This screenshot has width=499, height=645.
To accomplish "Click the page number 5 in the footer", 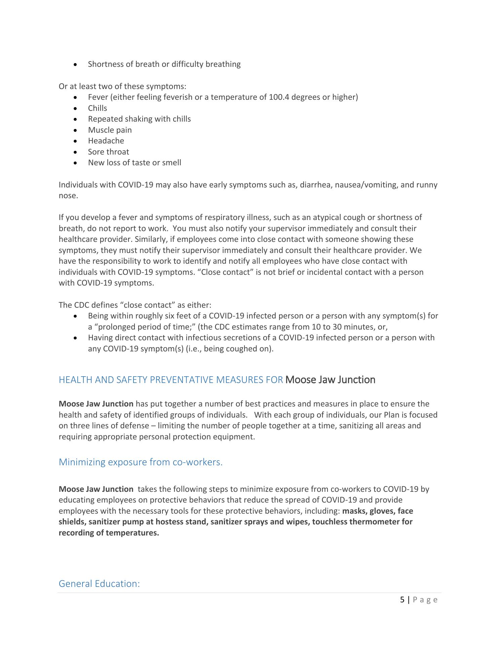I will [402, 600].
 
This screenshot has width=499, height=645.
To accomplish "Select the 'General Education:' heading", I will [99, 584].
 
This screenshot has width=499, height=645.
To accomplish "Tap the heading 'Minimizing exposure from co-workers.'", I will [141, 462].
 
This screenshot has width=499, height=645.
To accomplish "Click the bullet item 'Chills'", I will [98, 108].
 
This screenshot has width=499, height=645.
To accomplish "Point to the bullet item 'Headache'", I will [106, 141].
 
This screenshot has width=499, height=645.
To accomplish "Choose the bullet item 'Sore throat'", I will [108, 152].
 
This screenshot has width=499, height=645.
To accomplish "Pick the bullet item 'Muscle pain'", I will [110, 130].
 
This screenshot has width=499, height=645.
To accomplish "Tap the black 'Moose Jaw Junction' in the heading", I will [330, 380].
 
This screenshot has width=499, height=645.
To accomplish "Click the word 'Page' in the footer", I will [425, 600].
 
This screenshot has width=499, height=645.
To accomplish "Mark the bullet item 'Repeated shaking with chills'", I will [139, 119].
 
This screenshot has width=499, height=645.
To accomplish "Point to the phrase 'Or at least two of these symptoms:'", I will [122, 86].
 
